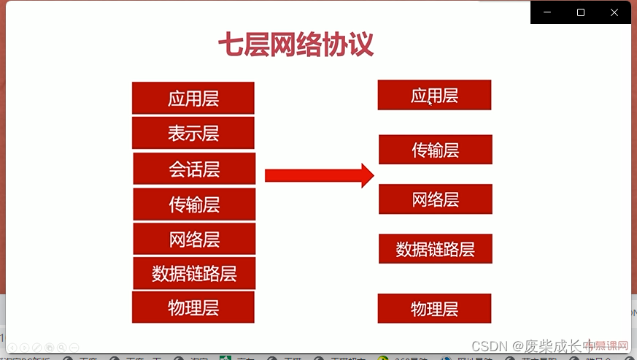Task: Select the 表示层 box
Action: [193, 133]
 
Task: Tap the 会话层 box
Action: [194, 169]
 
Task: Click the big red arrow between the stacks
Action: [319, 175]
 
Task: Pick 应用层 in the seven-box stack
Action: [193, 98]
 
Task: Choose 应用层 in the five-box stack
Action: [434, 95]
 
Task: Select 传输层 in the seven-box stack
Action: [194, 204]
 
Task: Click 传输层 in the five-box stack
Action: [435, 150]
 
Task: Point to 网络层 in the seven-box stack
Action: [194, 239]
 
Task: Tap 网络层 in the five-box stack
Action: [435, 199]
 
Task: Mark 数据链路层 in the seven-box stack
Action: [194, 273]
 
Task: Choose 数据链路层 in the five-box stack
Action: [435, 248]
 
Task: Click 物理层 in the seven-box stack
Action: [193, 307]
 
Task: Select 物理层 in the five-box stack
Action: [434, 308]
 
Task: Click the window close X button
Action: [614, 12]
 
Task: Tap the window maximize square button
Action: [581, 12]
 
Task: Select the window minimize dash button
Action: [548, 12]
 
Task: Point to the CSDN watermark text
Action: [488, 345]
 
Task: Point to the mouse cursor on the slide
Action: [430, 103]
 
